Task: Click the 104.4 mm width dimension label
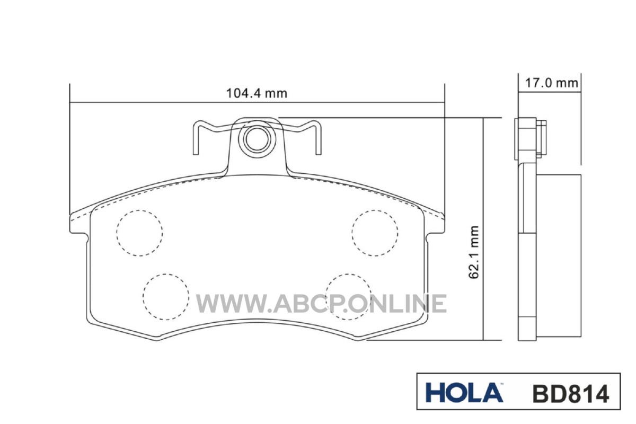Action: [x=257, y=93]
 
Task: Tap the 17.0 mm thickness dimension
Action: [x=551, y=83]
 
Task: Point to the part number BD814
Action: [x=571, y=394]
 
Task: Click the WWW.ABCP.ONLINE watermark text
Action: [x=321, y=304]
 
